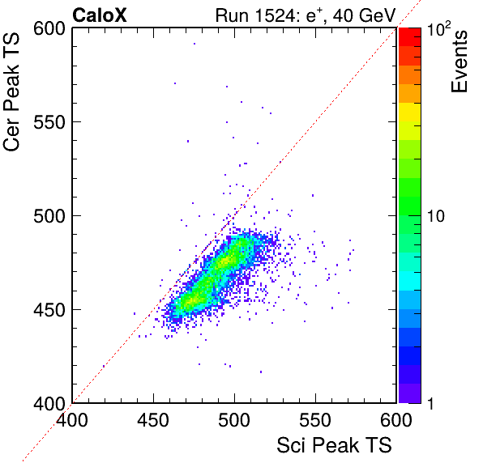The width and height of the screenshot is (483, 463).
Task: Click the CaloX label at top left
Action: pos(100,15)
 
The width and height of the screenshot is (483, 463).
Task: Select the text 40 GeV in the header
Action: pos(364,15)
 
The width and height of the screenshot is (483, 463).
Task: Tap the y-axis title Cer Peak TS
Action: pos(11,91)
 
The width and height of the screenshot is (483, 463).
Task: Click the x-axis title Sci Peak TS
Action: pos(334,445)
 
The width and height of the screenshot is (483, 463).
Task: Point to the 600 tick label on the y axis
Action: pos(49,29)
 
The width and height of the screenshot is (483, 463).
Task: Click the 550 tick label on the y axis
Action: pos(49,122)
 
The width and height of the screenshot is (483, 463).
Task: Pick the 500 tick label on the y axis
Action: pos(49,216)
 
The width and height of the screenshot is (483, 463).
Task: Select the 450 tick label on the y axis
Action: pos(49,310)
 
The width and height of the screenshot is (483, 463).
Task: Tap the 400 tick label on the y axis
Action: pos(49,403)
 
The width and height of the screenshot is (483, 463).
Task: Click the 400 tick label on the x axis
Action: pos(72,420)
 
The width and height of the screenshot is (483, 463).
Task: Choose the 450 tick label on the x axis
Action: pos(153,420)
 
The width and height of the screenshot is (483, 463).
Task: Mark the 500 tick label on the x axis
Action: pos(234,420)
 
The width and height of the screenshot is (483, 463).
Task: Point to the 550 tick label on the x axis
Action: pos(315,420)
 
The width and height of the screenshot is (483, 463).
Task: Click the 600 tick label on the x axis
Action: pos(396,420)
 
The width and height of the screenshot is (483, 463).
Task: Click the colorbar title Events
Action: pos(459,62)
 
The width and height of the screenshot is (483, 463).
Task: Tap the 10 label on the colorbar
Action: pos(436,216)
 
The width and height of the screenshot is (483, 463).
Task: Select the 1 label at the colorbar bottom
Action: pos(431,403)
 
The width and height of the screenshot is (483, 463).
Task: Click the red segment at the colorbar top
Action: pos(410,37)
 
